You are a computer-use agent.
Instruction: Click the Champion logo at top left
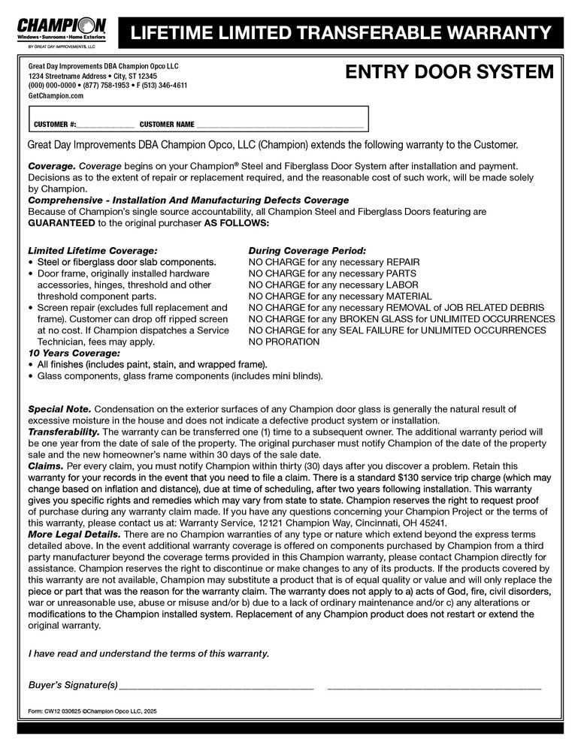point(62,30)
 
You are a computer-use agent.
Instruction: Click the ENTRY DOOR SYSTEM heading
point(449,72)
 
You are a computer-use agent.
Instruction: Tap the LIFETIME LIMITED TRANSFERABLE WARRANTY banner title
point(340,33)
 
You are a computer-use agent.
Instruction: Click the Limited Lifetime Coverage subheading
point(92,250)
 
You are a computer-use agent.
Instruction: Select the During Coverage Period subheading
point(307,250)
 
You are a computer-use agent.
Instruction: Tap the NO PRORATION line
point(283,342)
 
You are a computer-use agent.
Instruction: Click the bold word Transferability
point(64,432)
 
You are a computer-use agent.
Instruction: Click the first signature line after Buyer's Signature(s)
point(216,686)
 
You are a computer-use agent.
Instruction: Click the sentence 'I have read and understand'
point(148,653)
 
